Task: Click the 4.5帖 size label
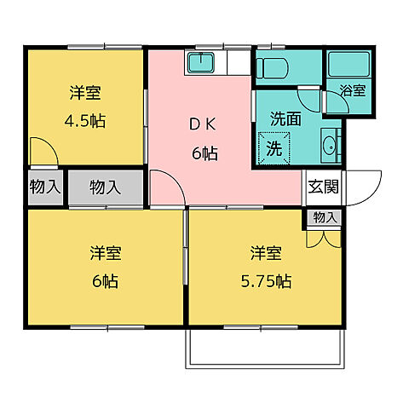point(86,120)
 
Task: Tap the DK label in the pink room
point(203,123)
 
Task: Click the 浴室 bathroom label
point(353,90)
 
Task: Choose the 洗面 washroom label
point(286,120)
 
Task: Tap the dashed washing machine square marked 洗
point(274,147)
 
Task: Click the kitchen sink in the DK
point(202,63)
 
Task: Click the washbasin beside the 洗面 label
point(327,146)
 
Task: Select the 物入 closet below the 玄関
point(325,218)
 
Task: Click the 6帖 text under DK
point(203,154)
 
